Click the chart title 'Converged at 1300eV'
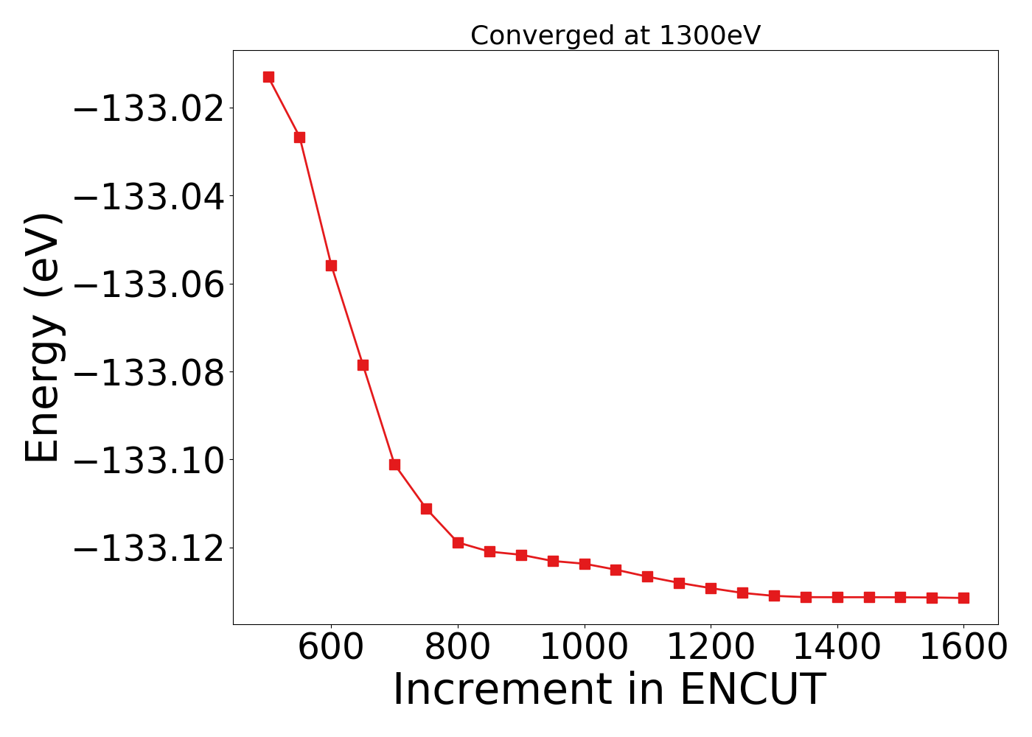(615, 35)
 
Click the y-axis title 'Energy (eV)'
(43, 338)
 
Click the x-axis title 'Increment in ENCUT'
(609, 690)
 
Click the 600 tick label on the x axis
(331, 648)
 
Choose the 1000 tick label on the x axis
(585, 648)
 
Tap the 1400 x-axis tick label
(837, 648)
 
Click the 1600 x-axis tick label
(963, 648)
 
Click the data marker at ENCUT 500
(268, 77)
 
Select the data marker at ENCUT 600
(331, 265)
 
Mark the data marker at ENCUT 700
(394, 464)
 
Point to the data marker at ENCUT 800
(458, 542)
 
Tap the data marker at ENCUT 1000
(585, 564)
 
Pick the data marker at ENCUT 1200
(711, 588)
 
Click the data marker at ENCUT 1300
(774, 595)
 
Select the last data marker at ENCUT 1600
(963, 598)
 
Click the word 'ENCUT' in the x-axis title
(752, 690)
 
